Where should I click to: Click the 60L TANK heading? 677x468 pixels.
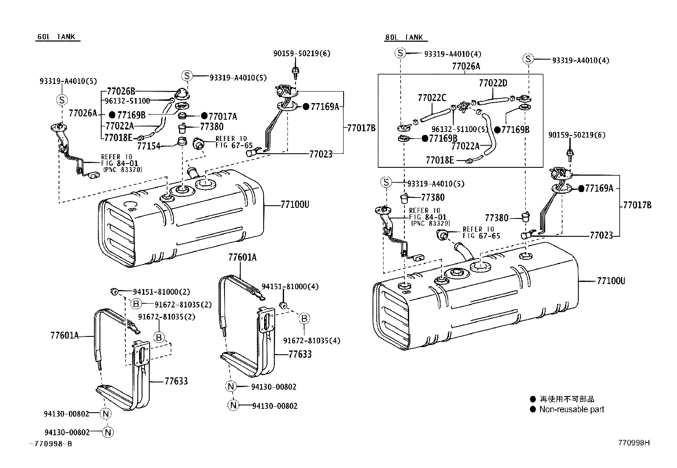tap(56, 37)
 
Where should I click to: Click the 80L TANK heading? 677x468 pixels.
tap(404, 37)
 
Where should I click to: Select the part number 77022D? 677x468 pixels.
tap(493, 83)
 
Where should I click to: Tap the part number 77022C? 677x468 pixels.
tap(432, 98)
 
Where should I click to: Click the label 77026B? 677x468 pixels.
tap(121, 91)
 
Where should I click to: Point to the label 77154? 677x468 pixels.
tap(148, 146)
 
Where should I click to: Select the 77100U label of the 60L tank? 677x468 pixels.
tap(295, 205)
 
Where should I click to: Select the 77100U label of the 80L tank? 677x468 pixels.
tap(611, 281)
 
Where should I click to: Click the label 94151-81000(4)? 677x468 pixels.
tap(290, 287)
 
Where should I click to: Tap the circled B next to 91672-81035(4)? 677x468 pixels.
tap(304, 318)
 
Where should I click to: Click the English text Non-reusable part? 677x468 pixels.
tap(572, 409)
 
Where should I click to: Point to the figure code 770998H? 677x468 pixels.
tap(634, 443)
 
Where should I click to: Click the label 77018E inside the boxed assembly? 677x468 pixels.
tap(440, 160)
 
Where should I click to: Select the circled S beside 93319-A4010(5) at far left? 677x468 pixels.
tap(62, 100)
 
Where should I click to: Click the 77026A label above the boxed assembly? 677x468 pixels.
tap(466, 66)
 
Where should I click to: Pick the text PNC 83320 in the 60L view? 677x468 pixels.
tap(122, 169)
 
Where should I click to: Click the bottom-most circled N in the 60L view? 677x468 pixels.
tap(108, 432)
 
